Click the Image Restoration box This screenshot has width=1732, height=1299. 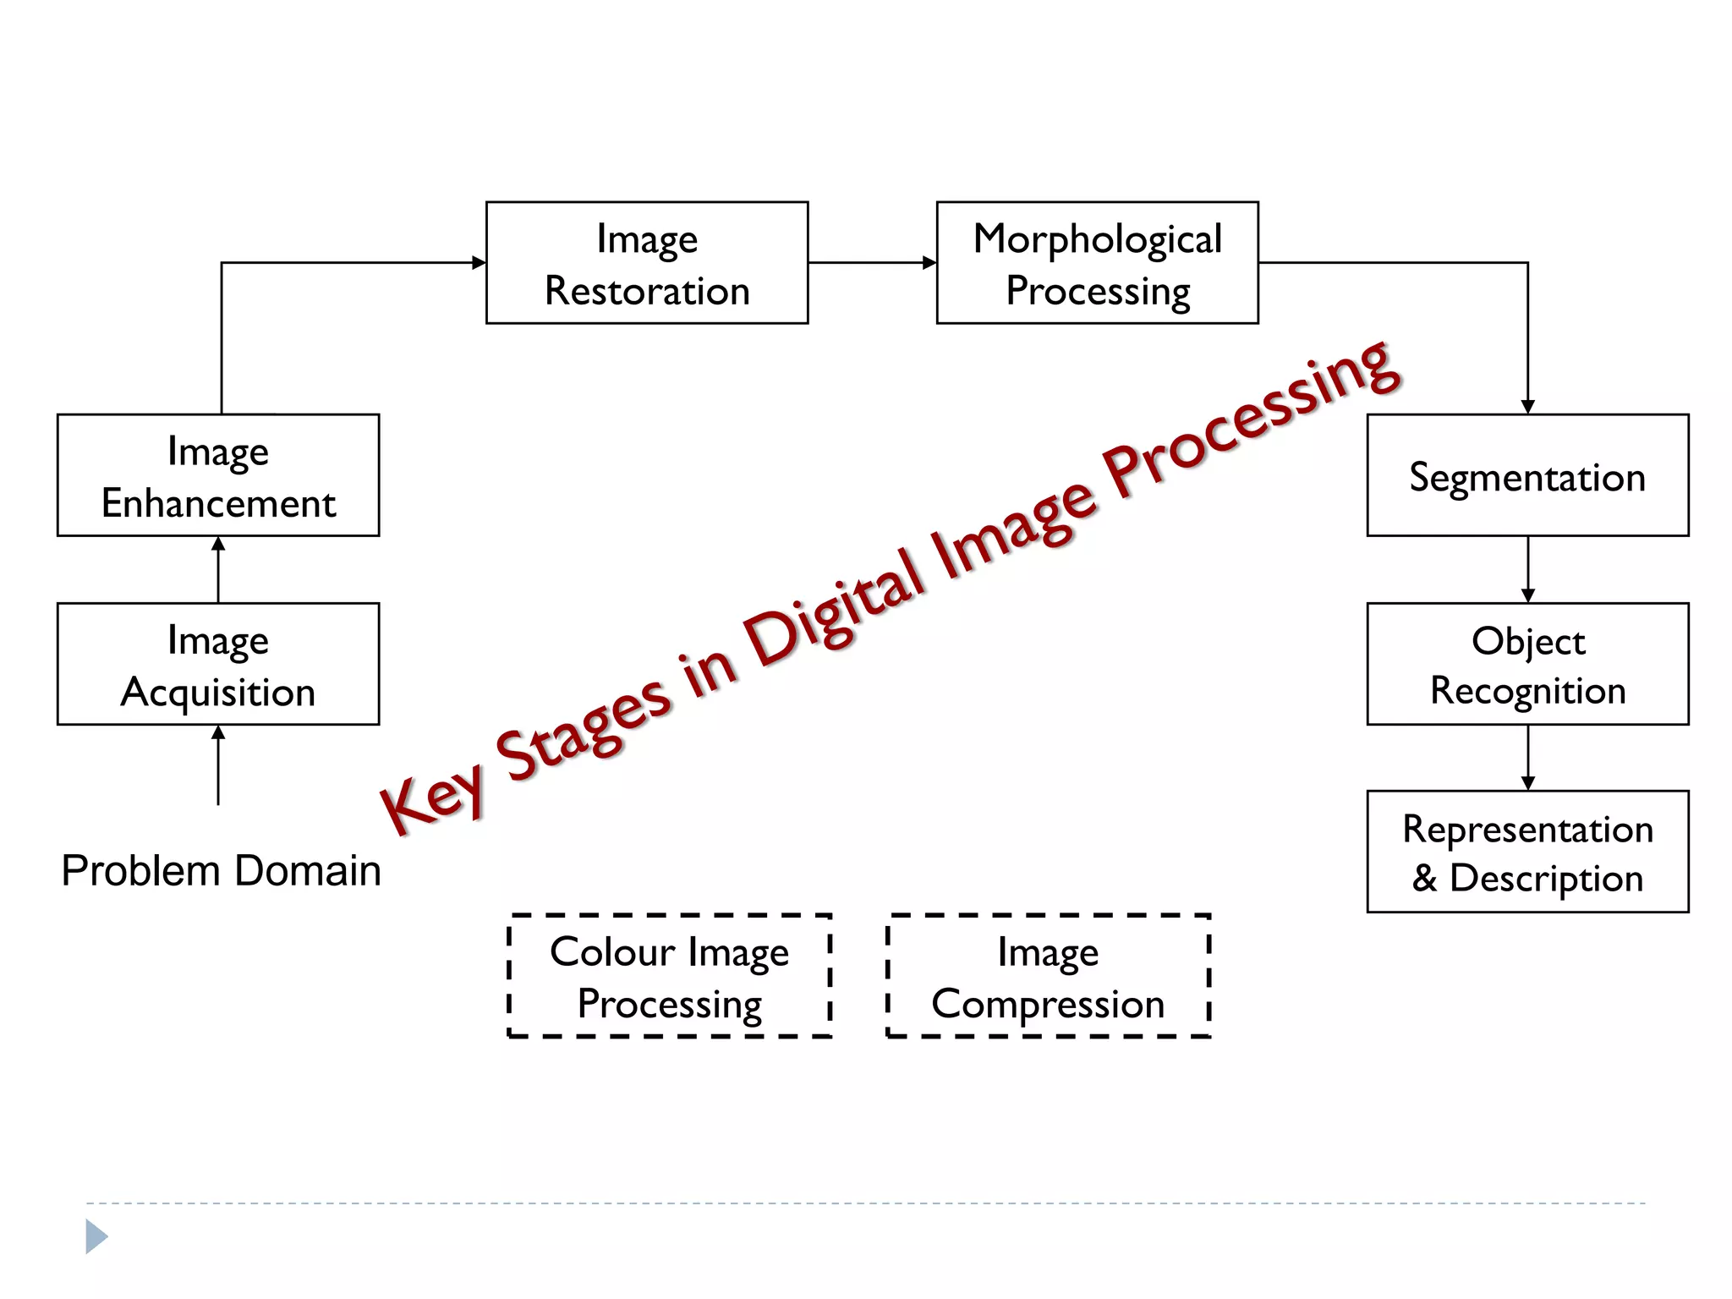[647, 263]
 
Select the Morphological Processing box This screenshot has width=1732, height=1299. [1097, 263]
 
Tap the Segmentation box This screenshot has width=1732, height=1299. [1527, 475]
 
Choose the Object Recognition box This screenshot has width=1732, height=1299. [1527, 664]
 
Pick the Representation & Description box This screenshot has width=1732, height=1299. [1527, 852]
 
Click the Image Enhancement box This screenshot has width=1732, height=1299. [218, 475]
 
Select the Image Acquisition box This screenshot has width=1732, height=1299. [218, 664]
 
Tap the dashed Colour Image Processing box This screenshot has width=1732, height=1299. [669, 976]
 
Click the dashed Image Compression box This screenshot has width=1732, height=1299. [1048, 976]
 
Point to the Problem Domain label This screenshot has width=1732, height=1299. [221, 870]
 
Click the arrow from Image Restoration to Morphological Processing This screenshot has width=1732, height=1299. [872, 263]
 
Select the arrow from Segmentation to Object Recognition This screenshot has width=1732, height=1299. [1527, 569]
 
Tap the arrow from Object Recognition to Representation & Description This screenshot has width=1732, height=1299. [1527, 758]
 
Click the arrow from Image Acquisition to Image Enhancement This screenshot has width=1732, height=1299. [218, 569]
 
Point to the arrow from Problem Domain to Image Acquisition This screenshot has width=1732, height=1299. [218, 765]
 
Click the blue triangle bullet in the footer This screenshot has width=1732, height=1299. [96, 1237]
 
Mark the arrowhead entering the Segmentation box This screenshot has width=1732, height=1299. [1527, 407]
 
